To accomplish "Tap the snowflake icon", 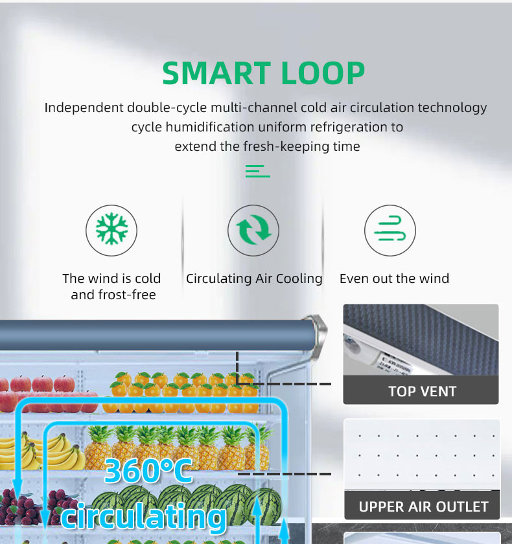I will coord(111,231).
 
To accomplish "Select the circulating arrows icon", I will coord(253,231).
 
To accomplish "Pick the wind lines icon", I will coord(390,231).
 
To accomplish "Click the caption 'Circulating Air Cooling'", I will coord(254,278).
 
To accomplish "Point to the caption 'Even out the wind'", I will coord(394,278).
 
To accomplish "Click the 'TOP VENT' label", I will coord(422,391).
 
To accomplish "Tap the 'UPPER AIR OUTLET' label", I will coord(423,506).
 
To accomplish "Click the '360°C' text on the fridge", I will coord(148,471).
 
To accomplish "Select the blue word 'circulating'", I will coord(144,517).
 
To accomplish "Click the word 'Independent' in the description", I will coord(84,108).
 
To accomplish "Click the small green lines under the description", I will coord(257,171).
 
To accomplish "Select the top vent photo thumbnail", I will coord(421,341).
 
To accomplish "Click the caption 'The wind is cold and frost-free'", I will coord(111,286).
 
